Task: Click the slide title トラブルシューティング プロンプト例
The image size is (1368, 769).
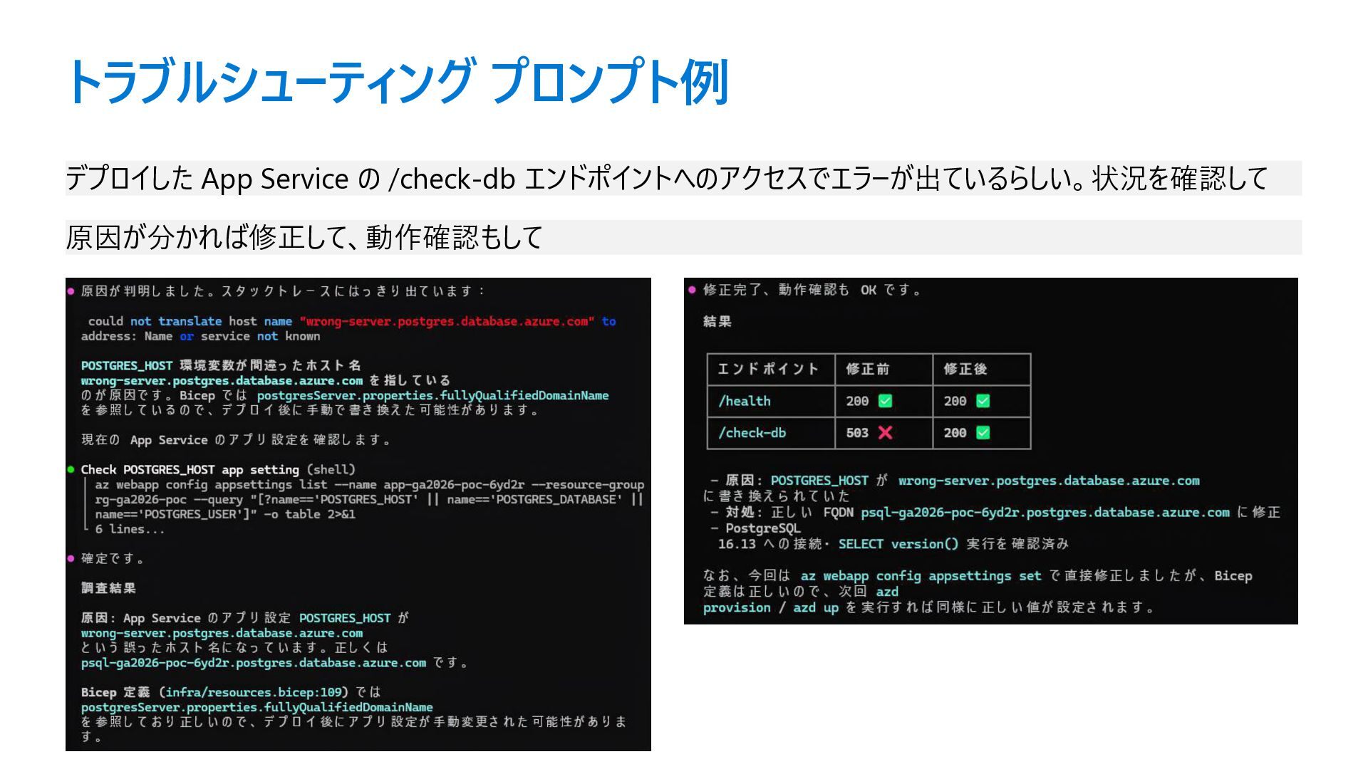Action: point(396,82)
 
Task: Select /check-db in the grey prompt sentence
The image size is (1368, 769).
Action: point(451,179)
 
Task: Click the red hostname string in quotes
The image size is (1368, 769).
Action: point(447,322)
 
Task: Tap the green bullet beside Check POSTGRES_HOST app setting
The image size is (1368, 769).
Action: point(71,469)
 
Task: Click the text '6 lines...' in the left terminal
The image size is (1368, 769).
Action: point(130,529)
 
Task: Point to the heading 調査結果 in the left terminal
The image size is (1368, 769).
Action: point(108,588)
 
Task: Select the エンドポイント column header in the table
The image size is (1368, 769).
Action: point(767,369)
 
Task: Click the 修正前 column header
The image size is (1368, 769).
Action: point(867,369)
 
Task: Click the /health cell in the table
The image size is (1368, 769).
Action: point(744,401)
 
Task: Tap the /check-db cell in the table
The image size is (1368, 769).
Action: point(752,433)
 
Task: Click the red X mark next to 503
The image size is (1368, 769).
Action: point(885,432)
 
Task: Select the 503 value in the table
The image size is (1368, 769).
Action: point(857,433)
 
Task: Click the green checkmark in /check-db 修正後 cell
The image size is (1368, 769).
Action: point(983,432)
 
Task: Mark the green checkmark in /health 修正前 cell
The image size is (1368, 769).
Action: point(885,401)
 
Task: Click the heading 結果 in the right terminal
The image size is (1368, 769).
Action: point(717,322)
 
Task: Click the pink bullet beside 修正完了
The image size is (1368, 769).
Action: point(691,290)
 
